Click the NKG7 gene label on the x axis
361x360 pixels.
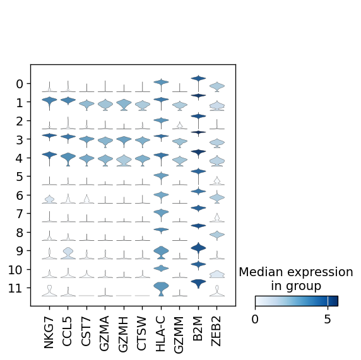[49, 332]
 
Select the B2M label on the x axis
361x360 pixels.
[198, 328]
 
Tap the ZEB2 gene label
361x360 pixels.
[216, 331]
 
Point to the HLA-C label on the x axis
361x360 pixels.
[160, 334]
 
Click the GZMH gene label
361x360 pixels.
[123, 334]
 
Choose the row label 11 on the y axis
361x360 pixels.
[15, 288]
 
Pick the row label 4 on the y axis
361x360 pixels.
[20, 158]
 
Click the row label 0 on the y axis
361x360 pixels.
[20, 84]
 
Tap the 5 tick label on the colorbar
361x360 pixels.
[328, 319]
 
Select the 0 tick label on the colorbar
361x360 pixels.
[255, 319]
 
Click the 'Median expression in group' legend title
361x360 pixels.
[296, 279]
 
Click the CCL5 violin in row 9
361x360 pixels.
[68, 253]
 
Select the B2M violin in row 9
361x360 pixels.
[198, 248]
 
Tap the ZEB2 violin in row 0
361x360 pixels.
[217, 87]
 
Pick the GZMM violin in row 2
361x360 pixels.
[180, 125]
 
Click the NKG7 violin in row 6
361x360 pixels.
[49, 199]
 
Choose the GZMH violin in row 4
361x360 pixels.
[124, 160]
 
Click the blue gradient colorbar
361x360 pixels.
[296, 301]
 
